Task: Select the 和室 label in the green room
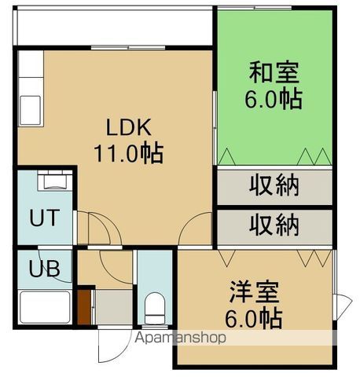[x=274, y=73]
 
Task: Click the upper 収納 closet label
[x=274, y=186]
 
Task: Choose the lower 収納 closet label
[x=274, y=225]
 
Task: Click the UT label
[x=43, y=218]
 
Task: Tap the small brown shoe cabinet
[x=84, y=306]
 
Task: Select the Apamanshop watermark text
[x=182, y=338]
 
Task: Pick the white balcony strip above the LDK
[x=114, y=29]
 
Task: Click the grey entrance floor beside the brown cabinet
[x=112, y=306]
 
